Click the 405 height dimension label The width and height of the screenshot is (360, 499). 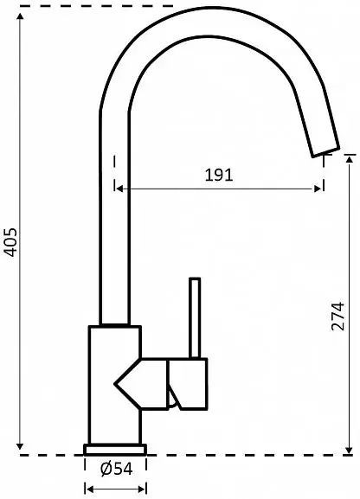[x=11, y=242]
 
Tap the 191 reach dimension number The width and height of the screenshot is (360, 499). [x=219, y=175]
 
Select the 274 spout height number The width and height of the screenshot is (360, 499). [x=338, y=317]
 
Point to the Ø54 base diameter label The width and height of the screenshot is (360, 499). [x=116, y=469]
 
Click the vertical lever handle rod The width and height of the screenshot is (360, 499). [x=195, y=318]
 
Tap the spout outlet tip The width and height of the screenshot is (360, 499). [x=326, y=152]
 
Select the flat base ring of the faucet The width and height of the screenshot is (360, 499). [x=115, y=450]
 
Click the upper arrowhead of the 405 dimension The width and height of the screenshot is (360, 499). [x=20, y=16]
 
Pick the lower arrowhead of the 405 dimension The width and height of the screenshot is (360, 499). [x=20, y=446]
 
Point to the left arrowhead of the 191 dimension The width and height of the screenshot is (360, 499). [x=119, y=189]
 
